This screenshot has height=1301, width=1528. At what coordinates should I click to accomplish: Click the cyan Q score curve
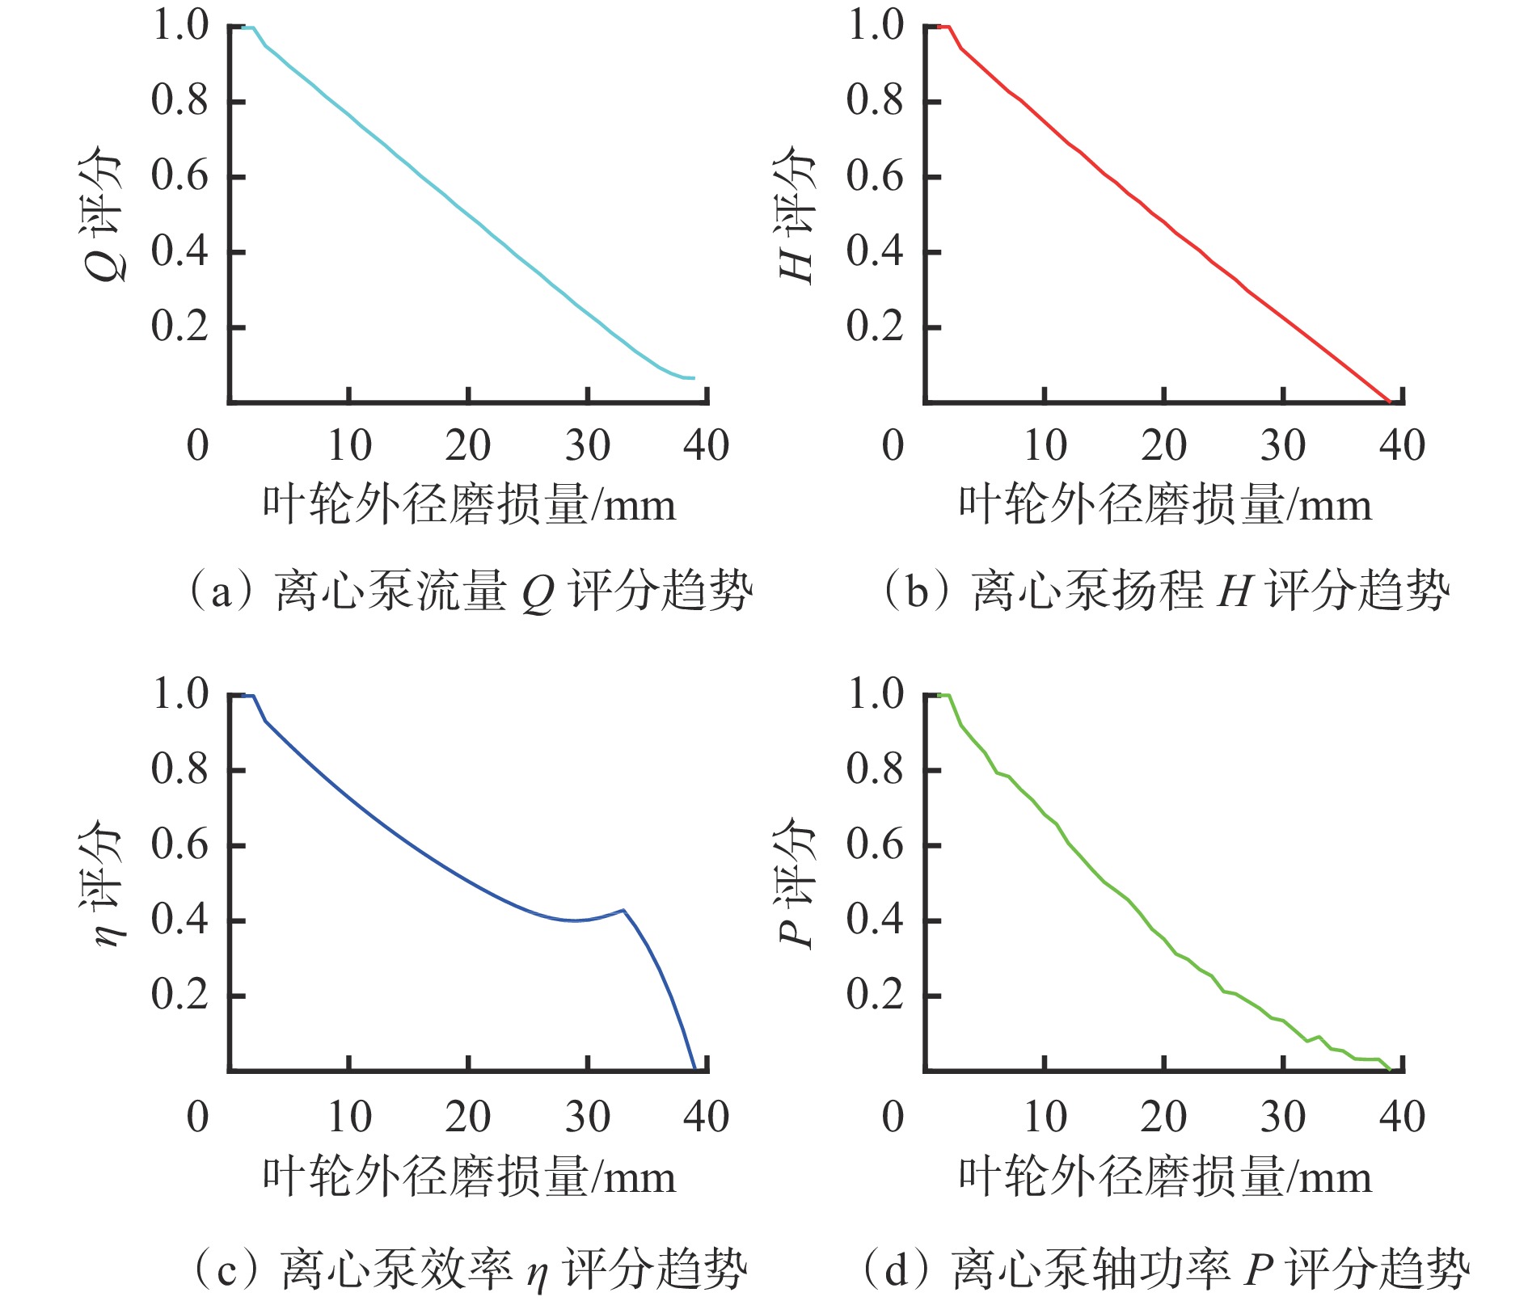(x=469, y=214)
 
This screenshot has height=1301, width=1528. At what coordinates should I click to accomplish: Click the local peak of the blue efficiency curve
(x=623, y=911)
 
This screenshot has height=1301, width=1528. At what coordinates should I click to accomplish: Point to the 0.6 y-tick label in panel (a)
(x=179, y=176)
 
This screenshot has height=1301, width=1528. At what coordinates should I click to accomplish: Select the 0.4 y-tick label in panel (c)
(x=179, y=920)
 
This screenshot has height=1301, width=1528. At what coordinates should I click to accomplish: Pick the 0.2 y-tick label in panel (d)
(x=875, y=995)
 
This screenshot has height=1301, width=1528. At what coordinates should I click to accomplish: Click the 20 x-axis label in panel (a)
(x=468, y=445)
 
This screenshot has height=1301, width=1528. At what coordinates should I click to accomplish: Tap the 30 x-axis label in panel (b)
(x=1283, y=445)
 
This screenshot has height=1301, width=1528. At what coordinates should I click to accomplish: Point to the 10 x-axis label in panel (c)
(x=349, y=1117)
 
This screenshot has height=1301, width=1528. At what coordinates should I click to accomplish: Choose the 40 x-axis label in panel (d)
(x=1403, y=1117)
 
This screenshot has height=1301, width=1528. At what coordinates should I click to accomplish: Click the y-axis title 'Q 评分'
(x=103, y=214)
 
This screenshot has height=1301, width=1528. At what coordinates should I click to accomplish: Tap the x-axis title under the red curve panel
(x=1165, y=506)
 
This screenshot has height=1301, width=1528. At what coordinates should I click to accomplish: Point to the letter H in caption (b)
(x=1235, y=592)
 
